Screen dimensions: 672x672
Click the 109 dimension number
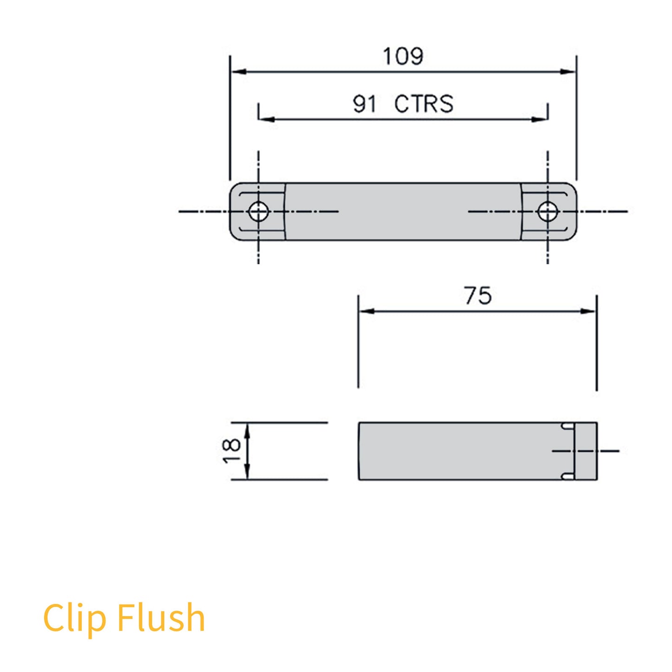point(403,56)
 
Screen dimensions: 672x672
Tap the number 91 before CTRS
point(364,104)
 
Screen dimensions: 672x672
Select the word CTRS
point(424,104)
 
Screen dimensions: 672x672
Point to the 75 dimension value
point(478,296)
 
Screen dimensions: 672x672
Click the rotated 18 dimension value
point(232,451)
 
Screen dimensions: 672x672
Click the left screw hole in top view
point(259,212)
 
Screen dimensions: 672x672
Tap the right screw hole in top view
point(547,212)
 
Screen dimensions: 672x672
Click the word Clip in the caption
point(74,618)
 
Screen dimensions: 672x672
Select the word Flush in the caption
point(161,617)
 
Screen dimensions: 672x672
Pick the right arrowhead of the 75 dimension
point(589,311)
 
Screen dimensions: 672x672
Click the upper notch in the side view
point(567,426)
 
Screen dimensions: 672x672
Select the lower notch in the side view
point(567,476)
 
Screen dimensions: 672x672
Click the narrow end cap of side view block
point(586,451)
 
